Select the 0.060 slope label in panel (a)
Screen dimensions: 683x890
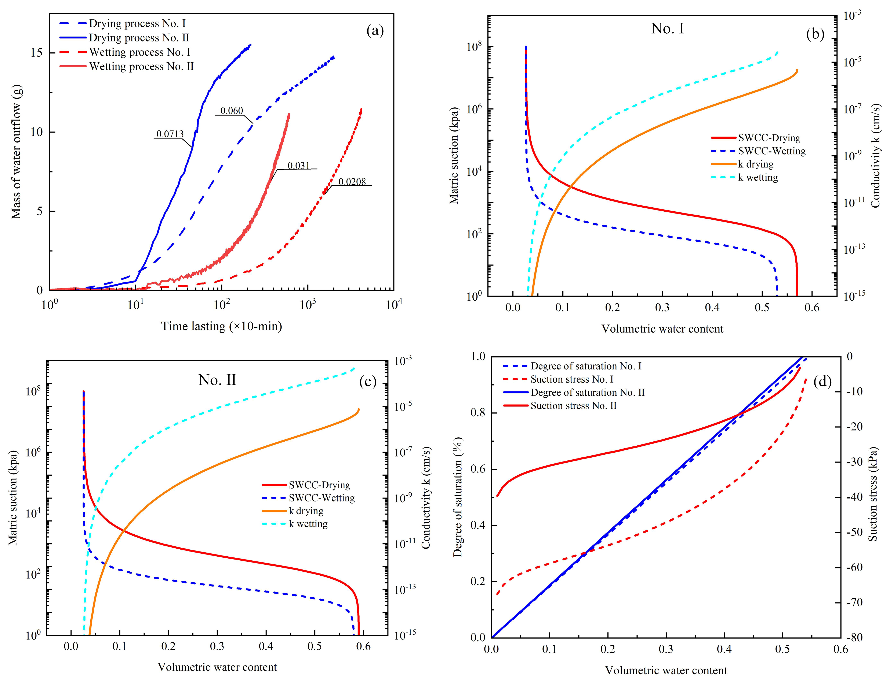[232, 111]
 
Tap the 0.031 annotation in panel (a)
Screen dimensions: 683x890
[299, 166]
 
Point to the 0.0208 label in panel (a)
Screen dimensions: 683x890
[352, 182]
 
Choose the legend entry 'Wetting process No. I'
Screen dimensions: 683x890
[139, 52]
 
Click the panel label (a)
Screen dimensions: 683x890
[375, 30]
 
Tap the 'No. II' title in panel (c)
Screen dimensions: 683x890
[217, 380]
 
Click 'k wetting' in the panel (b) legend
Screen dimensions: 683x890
[758, 178]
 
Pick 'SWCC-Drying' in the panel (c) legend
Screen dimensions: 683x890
[319, 485]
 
